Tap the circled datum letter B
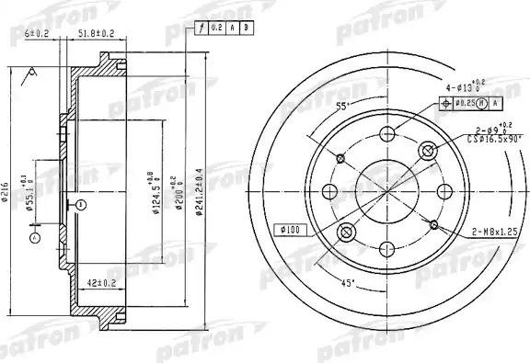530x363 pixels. (x=80, y=202)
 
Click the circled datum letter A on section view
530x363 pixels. (x=36, y=238)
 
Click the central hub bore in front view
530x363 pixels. (x=383, y=191)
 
